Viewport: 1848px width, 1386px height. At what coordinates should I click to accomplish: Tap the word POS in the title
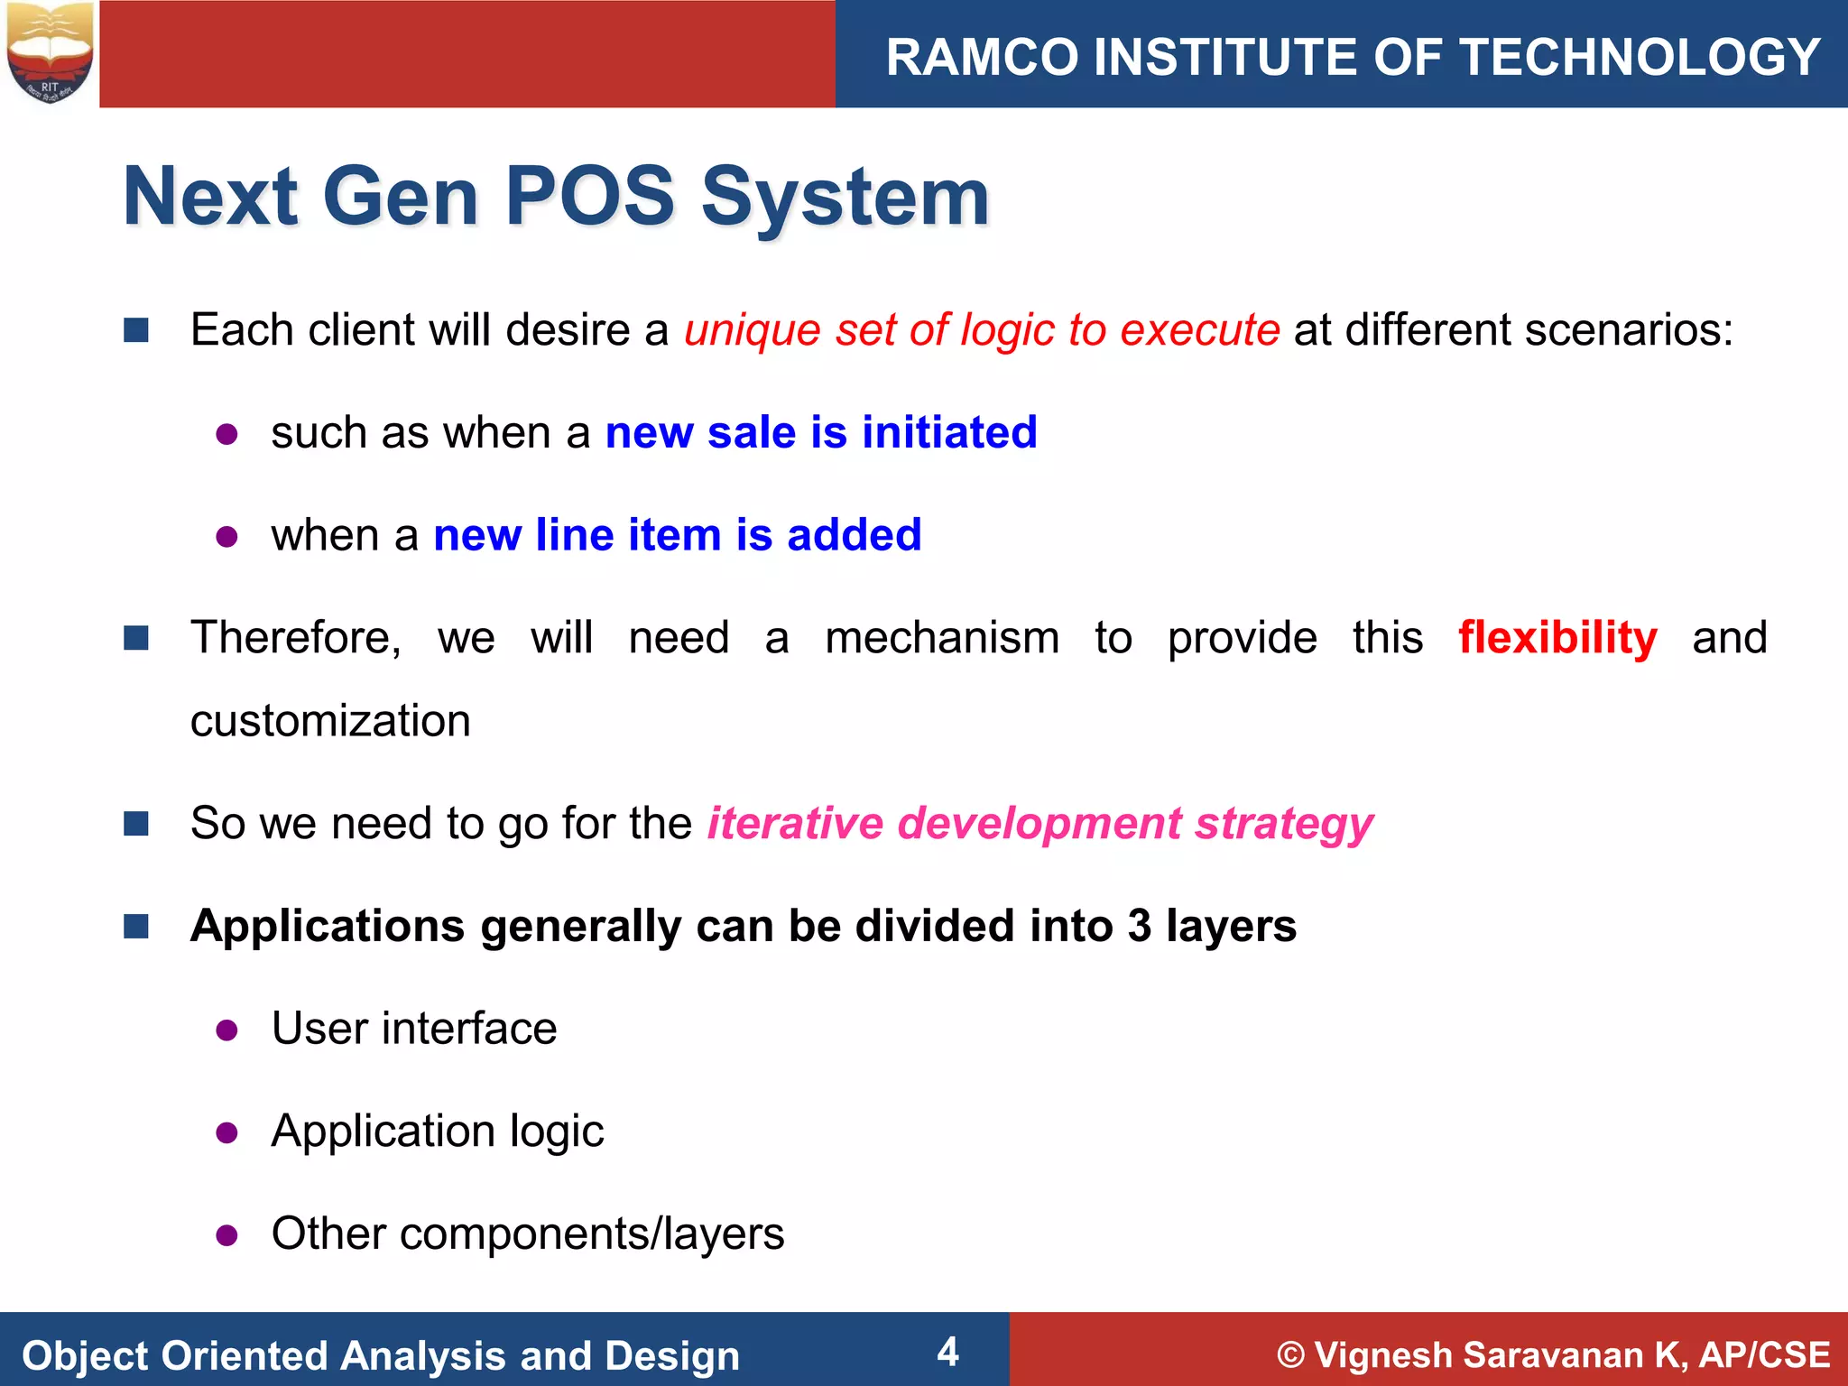[x=589, y=196]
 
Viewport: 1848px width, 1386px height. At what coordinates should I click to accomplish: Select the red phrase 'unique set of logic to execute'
[x=982, y=329]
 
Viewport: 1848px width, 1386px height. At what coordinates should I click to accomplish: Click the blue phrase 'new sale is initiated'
[x=821, y=432]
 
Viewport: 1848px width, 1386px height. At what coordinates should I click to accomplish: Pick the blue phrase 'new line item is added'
[x=678, y=534]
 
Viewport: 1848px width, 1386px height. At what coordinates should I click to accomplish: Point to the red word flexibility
[x=1557, y=638]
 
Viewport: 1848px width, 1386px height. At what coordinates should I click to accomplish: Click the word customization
[x=330, y=721]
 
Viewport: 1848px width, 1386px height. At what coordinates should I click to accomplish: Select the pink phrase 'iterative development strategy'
[x=1039, y=824]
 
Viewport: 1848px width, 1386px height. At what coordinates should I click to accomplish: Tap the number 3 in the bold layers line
[x=1139, y=926]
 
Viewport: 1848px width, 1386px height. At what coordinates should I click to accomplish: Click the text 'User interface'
[x=414, y=1029]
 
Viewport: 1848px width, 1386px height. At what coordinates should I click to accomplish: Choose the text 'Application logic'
[x=438, y=1132]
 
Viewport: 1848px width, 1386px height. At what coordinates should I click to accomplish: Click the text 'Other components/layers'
[x=528, y=1234]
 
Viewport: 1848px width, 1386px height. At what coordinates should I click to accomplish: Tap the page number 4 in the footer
[x=947, y=1352]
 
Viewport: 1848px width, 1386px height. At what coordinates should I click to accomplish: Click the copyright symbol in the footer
[x=1291, y=1355]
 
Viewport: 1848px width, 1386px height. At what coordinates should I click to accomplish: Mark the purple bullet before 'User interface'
[x=226, y=1030]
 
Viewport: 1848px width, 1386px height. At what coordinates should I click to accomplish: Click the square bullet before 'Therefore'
[x=136, y=639]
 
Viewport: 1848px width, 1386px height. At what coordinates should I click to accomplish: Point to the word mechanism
[x=942, y=638]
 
